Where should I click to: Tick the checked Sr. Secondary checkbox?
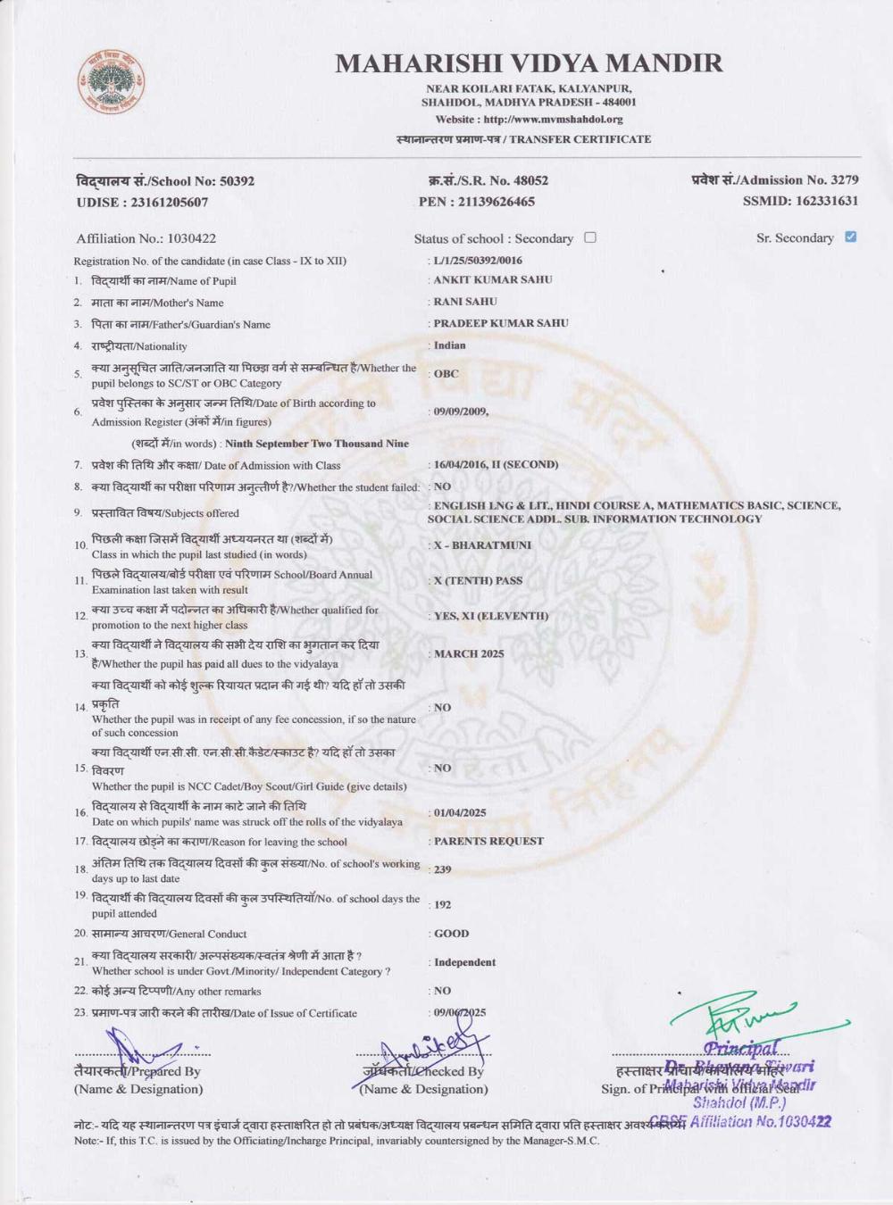coord(850,237)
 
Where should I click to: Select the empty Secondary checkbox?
coord(589,237)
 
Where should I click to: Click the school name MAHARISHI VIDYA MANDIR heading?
coord(529,63)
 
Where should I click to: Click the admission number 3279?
coord(844,180)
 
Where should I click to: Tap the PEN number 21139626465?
coord(496,202)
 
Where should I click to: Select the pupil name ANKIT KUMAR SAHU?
coord(493,279)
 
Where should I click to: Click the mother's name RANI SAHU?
coord(465,302)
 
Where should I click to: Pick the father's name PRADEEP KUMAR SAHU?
coord(501,323)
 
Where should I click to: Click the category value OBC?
coord(446,374)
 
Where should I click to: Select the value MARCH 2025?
coord(469,653)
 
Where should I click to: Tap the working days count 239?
coord(443,869)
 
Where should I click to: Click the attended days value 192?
coord(443,904)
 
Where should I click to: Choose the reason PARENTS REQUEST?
coord(488,841)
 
